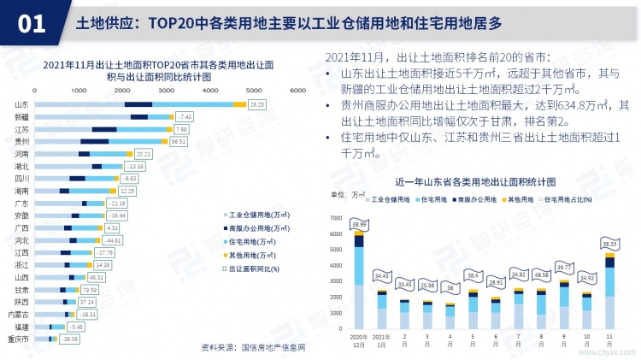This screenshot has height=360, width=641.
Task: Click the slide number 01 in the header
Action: point(32,23)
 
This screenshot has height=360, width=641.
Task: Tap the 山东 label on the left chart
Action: point(21,104)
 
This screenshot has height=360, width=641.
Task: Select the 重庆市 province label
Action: point(19,339)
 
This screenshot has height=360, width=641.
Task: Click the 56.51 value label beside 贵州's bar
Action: point(179,141)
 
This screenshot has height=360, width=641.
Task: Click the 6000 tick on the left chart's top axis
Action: point(297,90)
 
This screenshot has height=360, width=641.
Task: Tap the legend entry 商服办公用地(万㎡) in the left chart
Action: point(251,228)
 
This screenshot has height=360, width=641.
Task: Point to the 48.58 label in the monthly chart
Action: point(540,274)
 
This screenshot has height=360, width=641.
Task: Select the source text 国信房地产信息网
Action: point(273,349)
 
